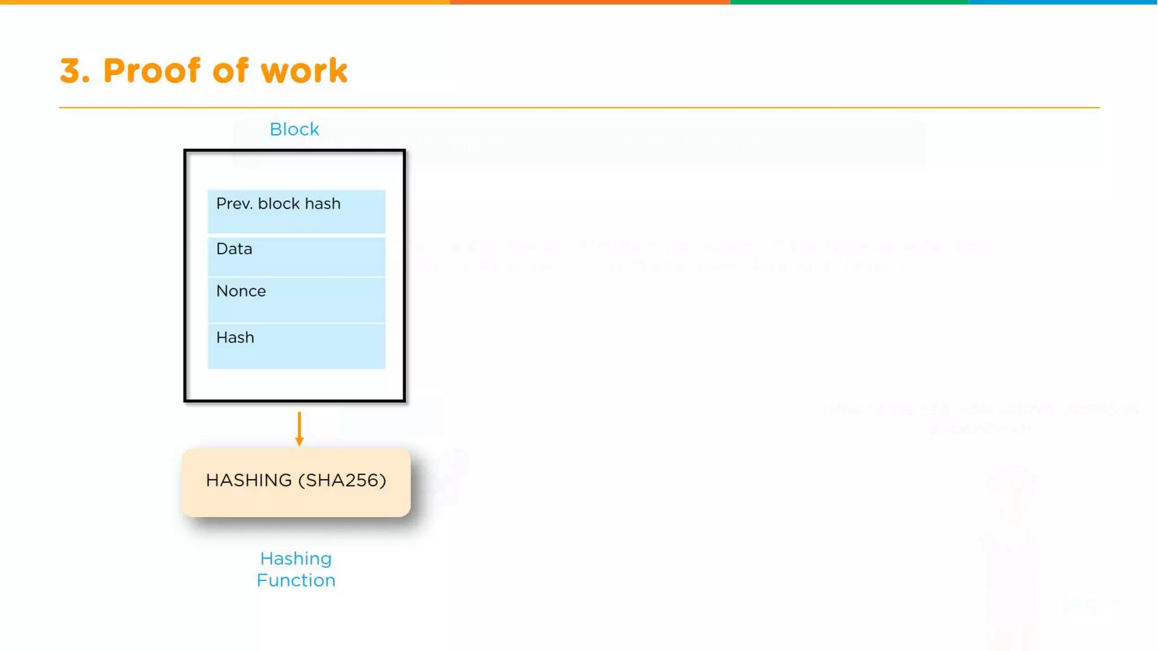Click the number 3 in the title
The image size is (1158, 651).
pos(74,71)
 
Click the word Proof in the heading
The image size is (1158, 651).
pos(152,71)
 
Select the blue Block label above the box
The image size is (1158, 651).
pos(294,129)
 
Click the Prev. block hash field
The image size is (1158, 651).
pos(296,211)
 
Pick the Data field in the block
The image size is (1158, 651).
pos(296,257)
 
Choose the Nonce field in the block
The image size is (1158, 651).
pos(296,300)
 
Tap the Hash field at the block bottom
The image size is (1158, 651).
pos(296,346)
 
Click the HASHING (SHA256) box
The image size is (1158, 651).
pos(296,483)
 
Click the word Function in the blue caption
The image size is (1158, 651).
pos(296,580)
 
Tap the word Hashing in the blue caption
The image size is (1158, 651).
pos(296,559)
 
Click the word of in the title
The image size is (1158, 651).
pos(230,71)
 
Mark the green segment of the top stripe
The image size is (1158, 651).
pos(849,2)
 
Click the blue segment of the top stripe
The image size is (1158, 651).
pos(1063,2)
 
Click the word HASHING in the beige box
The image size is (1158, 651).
pos(249,480)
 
